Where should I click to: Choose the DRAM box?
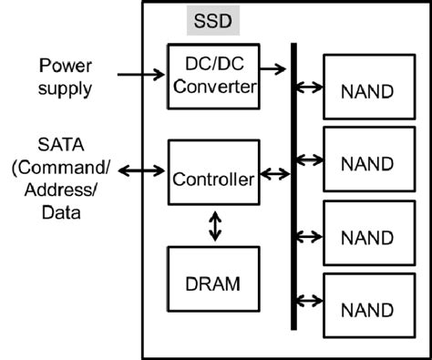point(213,283)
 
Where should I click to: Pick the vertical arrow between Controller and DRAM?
point(215,226)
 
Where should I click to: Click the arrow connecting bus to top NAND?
point(311,87)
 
